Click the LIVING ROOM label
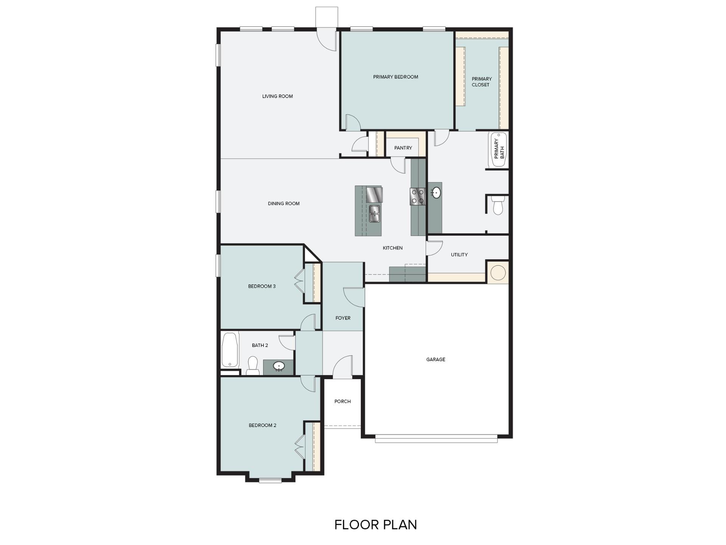coord(277,96)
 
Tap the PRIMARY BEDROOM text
coord(396,77)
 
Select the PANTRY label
coord(403,148)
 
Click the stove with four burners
coord(417,196)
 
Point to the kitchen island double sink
coord(374,213)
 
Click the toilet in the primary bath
coord(498,205)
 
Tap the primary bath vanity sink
coord(436,193)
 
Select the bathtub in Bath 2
coord(230,349)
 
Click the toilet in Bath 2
coord(253,366)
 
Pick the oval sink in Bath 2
coord(279,366)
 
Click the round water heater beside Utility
coord(498,272)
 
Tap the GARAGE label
coord(436,360)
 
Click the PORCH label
coord(342,401)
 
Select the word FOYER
coord(343,318)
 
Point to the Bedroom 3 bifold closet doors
coord(299,281)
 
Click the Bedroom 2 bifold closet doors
coord(300,447)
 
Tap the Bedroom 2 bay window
coord(270,481)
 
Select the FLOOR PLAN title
coord(375,525)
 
